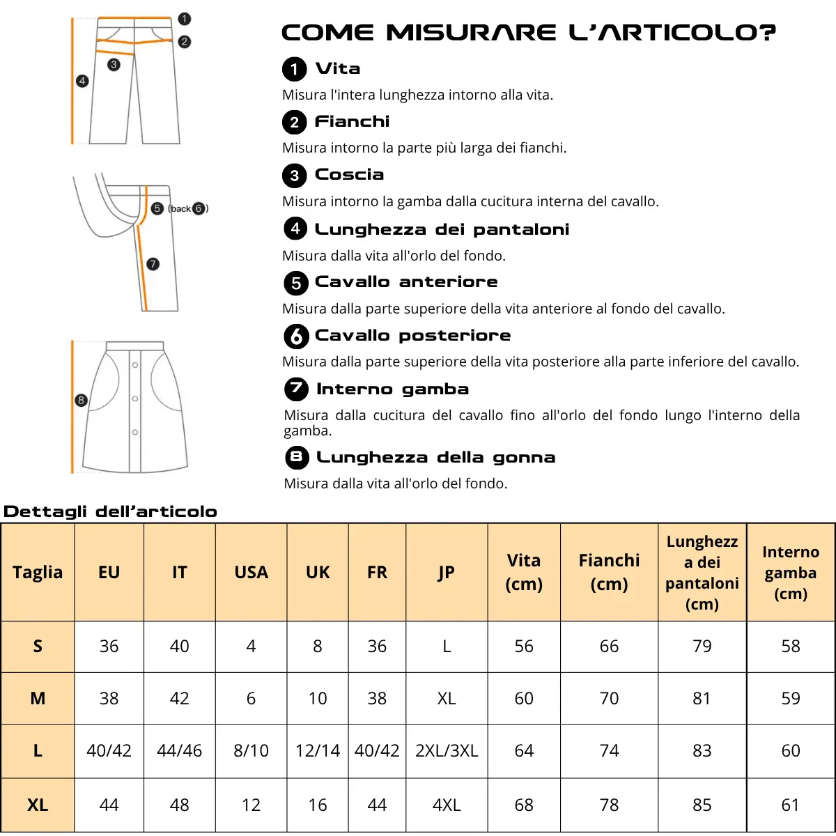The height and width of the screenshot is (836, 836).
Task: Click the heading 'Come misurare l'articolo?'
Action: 528,33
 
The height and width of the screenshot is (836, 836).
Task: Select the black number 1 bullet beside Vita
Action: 294,69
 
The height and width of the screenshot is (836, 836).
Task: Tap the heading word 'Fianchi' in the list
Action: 352,121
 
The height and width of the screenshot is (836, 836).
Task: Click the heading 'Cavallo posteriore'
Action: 412,335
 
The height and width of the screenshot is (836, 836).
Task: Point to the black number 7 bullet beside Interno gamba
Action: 296,389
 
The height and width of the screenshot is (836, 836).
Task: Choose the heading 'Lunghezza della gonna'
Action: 435,457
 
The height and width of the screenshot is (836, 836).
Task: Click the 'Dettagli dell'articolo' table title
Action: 110,511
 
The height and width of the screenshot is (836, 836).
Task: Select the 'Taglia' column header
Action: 38,572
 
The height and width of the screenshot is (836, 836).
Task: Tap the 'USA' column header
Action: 251,572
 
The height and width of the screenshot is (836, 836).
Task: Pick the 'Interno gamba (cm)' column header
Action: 790,572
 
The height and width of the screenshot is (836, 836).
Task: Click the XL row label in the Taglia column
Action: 38,805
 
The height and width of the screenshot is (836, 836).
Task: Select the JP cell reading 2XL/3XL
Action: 447,750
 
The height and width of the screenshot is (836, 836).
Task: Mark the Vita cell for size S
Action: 524,646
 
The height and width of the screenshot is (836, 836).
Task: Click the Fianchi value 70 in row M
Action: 609,698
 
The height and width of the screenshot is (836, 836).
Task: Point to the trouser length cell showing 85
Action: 702,805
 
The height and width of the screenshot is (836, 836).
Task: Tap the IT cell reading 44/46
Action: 179,750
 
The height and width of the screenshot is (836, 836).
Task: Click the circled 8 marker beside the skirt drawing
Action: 81,400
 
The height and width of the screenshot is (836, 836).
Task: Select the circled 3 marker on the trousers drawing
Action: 114,65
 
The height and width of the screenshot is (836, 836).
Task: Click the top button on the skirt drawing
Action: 135,364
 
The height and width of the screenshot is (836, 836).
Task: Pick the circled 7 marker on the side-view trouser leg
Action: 153,264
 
